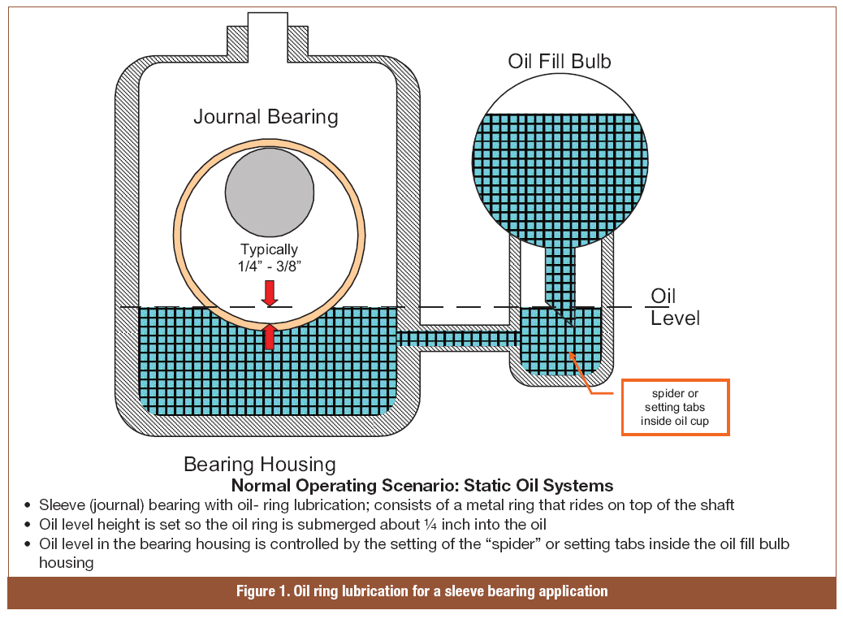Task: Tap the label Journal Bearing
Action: (x=266, y=116)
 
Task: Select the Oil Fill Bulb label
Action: (x=559, y=62)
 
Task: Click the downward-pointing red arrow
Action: (x=270, y=292)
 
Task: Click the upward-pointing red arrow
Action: (x=270, y=335)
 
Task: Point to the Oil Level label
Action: (x=674, y=306)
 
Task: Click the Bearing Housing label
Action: (x=259, y=464)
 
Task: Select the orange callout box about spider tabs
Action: (x=675, y=407)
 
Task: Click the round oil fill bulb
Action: (x=560, y=162)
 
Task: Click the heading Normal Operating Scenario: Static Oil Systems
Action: (x=422, y=486)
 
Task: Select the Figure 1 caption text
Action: (x=421, y=591)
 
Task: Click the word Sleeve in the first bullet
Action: (x=58, y=504)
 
